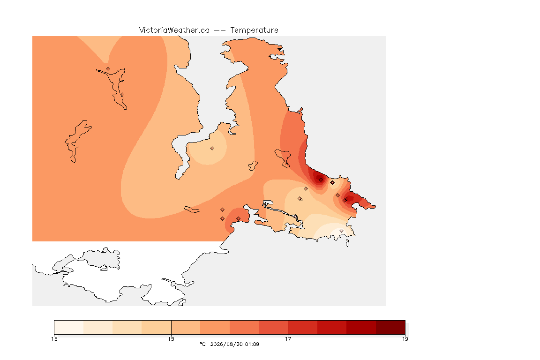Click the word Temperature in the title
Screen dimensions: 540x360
coord(254,30)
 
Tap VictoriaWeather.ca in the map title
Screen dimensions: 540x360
coord(174,30)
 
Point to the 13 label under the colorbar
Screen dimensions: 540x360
coord(54,339)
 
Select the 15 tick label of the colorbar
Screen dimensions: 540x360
coord(171,339)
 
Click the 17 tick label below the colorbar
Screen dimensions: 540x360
coord(288,339)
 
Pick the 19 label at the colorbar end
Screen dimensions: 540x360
coord(405,339)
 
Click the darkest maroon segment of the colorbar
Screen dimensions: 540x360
coord(390,327)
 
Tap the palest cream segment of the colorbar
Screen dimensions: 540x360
coord(69,327)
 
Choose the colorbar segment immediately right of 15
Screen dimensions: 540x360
coord(186,327)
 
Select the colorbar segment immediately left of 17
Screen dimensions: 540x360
coord(273,327)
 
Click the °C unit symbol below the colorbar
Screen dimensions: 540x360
coord(203,344)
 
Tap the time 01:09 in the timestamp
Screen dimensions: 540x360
coord(252,344)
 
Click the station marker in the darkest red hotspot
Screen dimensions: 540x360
coord(321,180)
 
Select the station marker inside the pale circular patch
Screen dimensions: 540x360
coord(212,149)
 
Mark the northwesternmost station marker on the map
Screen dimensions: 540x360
coord(108,69)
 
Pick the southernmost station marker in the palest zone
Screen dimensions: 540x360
coord(341,231)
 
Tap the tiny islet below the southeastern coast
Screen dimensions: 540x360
coord(347,243)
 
